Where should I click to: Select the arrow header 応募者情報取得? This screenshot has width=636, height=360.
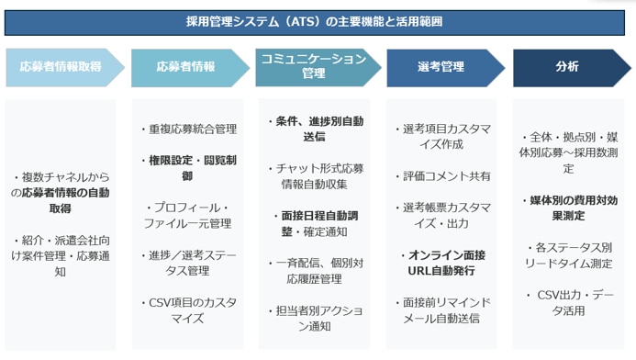pos(61,67)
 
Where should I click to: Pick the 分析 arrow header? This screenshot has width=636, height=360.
pos(567,67)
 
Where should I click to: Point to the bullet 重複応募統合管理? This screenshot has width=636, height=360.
pos(192,129)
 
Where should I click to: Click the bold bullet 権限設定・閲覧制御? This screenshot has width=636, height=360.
pos(192,168)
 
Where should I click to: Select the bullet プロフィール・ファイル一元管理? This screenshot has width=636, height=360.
pos(192,216)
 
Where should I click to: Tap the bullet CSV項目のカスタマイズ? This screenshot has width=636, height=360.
pos(192,310)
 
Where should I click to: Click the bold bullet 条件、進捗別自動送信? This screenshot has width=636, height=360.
pos(316,129)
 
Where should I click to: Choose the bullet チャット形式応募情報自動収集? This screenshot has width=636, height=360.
pos(316,176)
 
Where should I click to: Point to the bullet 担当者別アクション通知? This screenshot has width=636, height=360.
pos(316,319)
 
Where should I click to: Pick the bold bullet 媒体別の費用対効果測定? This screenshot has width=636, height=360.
pos(569,208)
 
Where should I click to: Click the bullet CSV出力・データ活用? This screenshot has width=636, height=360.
pos(569,303)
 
